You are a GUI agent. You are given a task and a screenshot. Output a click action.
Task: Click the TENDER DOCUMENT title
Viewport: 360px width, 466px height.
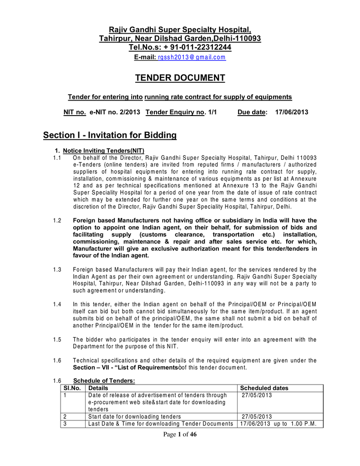click(x=180, y=78)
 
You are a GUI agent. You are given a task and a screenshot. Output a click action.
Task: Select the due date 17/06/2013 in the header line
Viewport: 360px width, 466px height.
click(x=292, y=112)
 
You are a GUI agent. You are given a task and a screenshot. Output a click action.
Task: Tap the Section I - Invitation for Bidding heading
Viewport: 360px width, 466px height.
click(x=110, y=135)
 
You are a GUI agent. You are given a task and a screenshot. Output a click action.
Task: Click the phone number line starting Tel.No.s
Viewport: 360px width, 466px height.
click(x=180, y=47)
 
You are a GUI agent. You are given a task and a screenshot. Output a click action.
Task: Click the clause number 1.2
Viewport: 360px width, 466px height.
click(x=57, y=221)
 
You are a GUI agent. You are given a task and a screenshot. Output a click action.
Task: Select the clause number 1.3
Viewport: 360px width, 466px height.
click(x=57, y=270)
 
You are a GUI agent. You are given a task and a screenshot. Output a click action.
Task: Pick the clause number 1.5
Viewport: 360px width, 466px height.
click(x=57, y=339)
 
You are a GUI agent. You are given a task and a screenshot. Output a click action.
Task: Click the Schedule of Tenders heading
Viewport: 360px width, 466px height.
click(x=105, y=381)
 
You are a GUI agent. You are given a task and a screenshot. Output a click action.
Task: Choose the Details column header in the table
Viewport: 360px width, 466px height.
click(x=98, y=388)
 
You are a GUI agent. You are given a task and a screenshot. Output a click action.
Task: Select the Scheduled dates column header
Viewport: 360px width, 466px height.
click(x=264, y=388)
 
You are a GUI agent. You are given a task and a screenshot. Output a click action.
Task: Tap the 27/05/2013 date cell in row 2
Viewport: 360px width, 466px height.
click(x=257, y=417)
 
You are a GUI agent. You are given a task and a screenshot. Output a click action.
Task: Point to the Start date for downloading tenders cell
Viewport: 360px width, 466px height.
click(x=134, y=417)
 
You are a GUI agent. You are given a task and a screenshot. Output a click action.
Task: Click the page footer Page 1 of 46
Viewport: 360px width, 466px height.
click(x=180, y=435)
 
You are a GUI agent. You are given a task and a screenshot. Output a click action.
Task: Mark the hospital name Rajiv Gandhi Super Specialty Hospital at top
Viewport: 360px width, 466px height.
click(x=180, y=30)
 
